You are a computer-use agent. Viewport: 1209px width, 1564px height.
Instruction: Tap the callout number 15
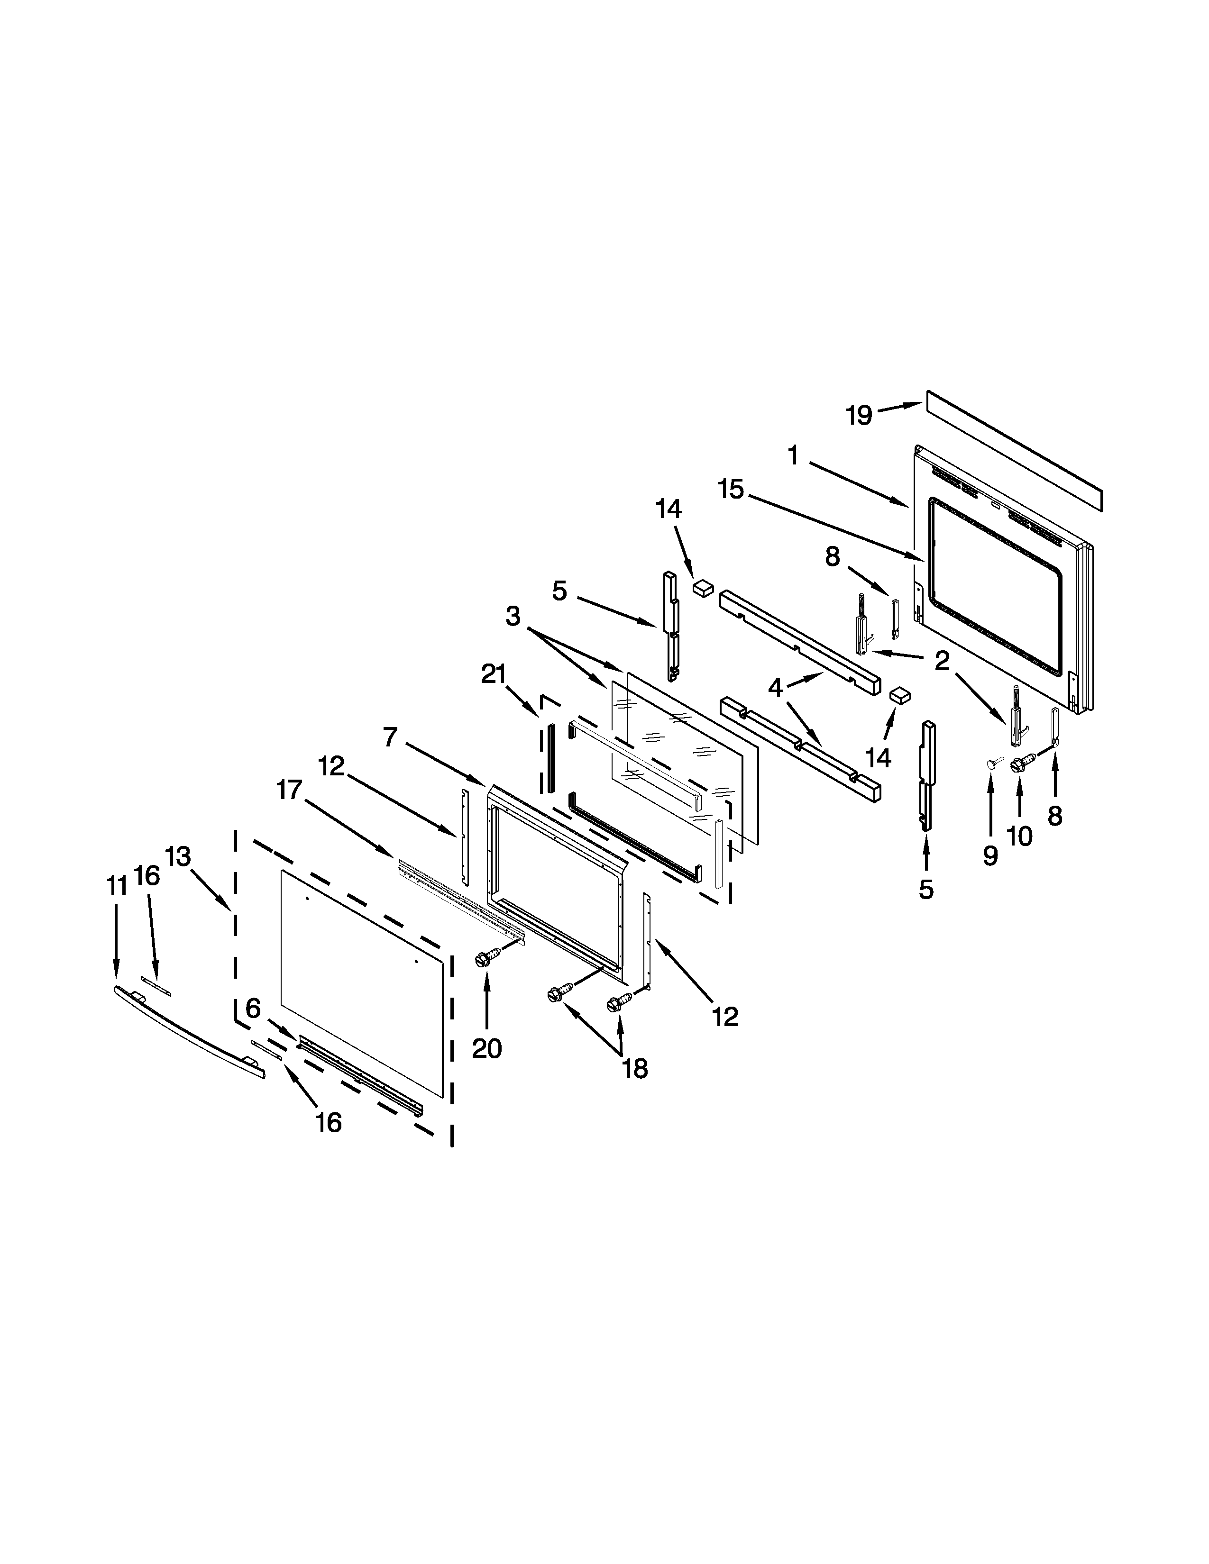point(731,490)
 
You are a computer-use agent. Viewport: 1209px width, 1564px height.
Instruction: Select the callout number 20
point(486,1048)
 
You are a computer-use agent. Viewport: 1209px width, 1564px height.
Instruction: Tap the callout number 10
point(1019,836)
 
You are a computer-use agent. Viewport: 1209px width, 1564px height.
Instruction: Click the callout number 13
point(178,856)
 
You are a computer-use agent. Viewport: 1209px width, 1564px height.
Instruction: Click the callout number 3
point(513,616)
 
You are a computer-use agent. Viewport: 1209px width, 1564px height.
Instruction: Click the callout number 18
point(634,1068)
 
